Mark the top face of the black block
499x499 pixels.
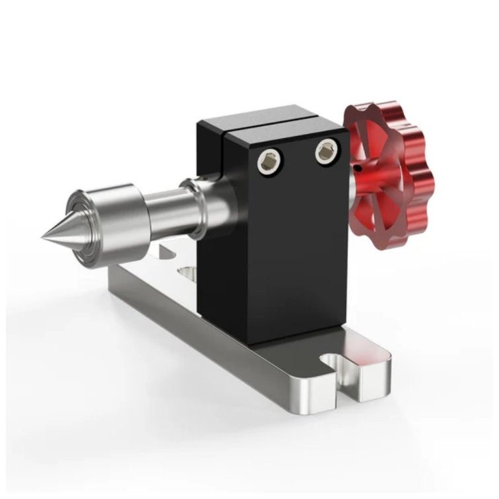click(264, 119)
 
